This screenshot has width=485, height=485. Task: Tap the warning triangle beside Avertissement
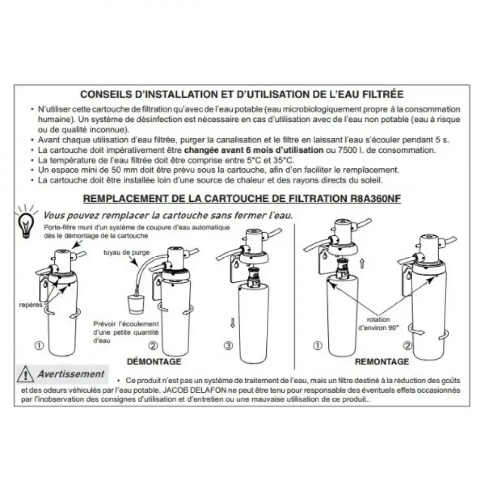pyautogui.click(x=25, y=374)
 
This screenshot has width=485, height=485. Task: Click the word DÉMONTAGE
pyautogui.click(x=154, y=361)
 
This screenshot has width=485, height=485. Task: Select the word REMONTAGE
pyautogui.click(x=382, y=361)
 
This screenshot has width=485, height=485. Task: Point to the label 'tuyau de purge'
pyautogui.click(x=126, y=252)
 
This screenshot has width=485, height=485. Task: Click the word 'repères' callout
pyautogui.click(x=31, y=305)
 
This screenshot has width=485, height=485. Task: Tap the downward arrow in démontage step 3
pyautogui.click(x=233, y=323)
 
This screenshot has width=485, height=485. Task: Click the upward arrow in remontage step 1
pyautogui.click(x=362, y=264)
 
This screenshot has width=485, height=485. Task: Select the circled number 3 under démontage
pyautogui.click(x=228, y=345)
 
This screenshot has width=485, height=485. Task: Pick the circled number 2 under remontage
pyautogui.click(x=408, y=345)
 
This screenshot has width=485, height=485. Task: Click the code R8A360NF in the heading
pyautogui.click(x=376, y=198)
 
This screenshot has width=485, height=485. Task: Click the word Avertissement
pyautogui.click(x=71, y=374)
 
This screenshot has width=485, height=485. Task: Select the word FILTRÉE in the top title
pyautogui.click(x=387, y=94)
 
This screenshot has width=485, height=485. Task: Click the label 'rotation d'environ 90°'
pyautogui.click(x=378, y=323)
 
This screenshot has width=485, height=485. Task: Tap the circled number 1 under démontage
pyautogui.click(x=39, y=345)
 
